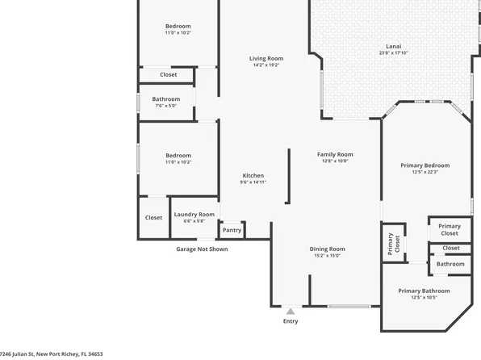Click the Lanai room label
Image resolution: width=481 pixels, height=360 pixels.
coord(394,47)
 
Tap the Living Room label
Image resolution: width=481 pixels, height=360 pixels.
coord(266,58)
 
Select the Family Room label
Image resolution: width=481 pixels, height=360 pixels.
coord(334,154)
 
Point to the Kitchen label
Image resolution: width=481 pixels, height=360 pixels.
coord(253,176)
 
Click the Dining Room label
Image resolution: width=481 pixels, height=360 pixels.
coord(327,249)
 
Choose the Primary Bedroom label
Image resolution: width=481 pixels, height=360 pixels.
coord(425,165)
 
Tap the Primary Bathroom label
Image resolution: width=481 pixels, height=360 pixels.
coord(424,291)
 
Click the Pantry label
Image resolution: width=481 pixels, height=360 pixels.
coord(232,230)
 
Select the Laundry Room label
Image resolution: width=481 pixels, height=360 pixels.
coord(194,214)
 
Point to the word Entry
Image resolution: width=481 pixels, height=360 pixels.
coord(291,321)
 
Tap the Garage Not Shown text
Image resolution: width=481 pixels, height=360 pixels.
coord(202,249)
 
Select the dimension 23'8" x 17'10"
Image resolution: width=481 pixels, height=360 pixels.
coord(394,53)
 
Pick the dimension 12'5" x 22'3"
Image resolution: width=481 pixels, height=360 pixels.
coord(425,172)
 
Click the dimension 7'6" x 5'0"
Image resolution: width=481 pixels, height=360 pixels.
coord(166,106)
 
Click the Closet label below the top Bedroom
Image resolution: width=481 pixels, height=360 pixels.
coord(168,74)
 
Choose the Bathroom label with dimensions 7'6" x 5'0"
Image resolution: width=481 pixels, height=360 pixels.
coord(166,99)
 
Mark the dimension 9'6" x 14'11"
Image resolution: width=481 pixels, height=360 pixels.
coord(253,182)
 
